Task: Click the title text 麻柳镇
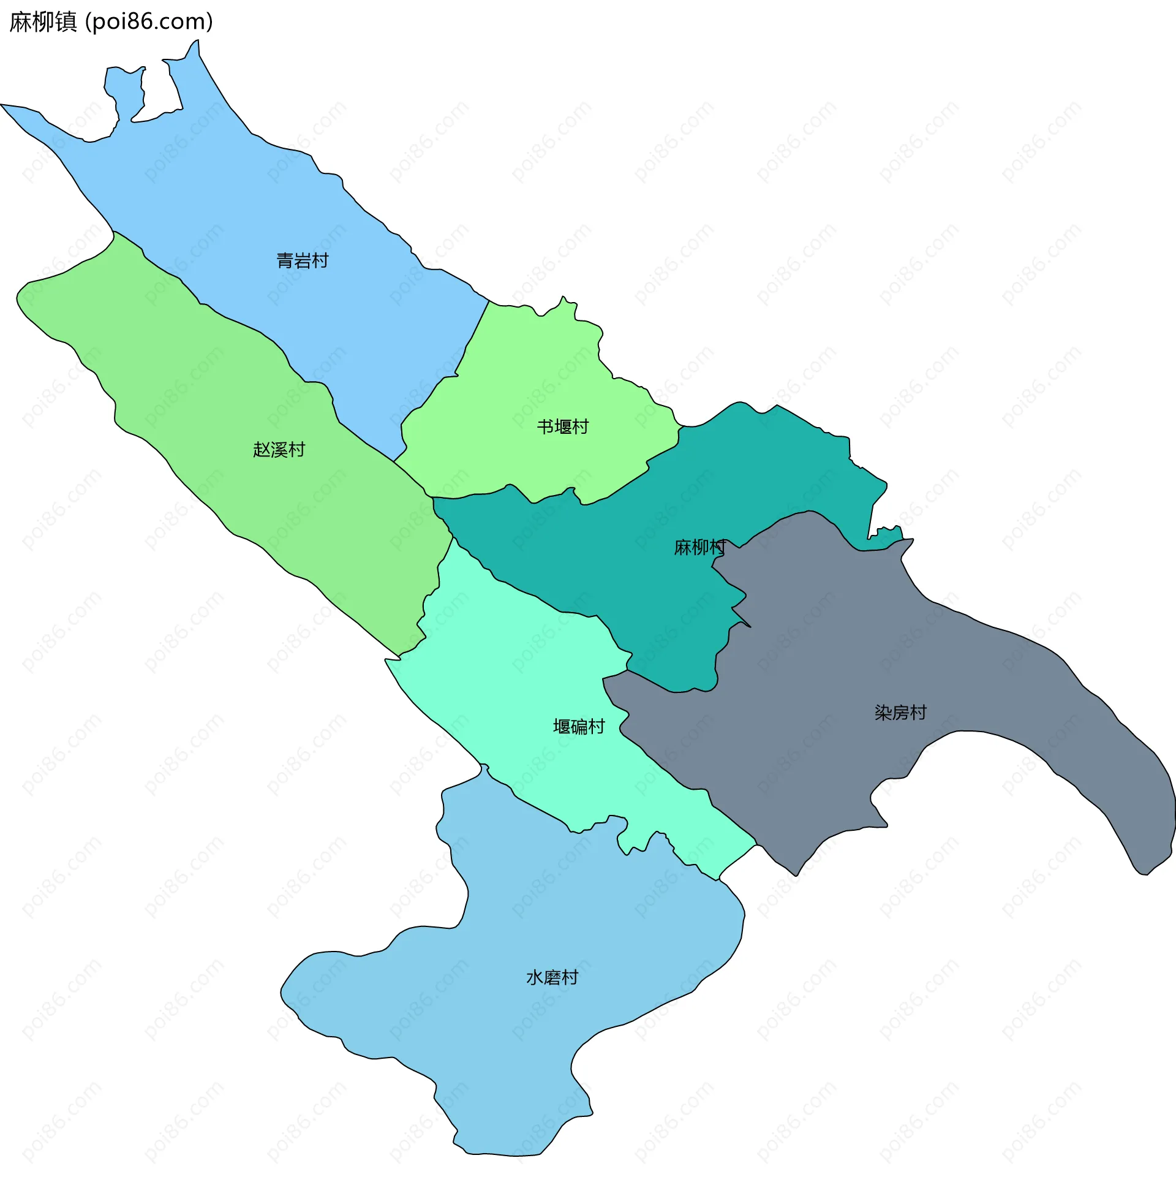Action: tap(43, 21)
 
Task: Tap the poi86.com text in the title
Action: tap(149, 21)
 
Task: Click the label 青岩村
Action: tap(302, 260)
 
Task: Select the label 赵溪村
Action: tap(279, 450)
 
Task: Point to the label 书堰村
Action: tap(563, 427)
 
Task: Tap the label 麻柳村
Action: tap(699, 547)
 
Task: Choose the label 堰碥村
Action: tap(579, 727)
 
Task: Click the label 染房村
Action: tap(900, 713)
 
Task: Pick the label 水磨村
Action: tap(552, 977)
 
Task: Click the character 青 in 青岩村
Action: tap(285, 260)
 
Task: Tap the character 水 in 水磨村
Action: tap(535, 977)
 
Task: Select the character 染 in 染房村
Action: tap(883, 713)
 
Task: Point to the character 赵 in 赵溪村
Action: tap(262, 450)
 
